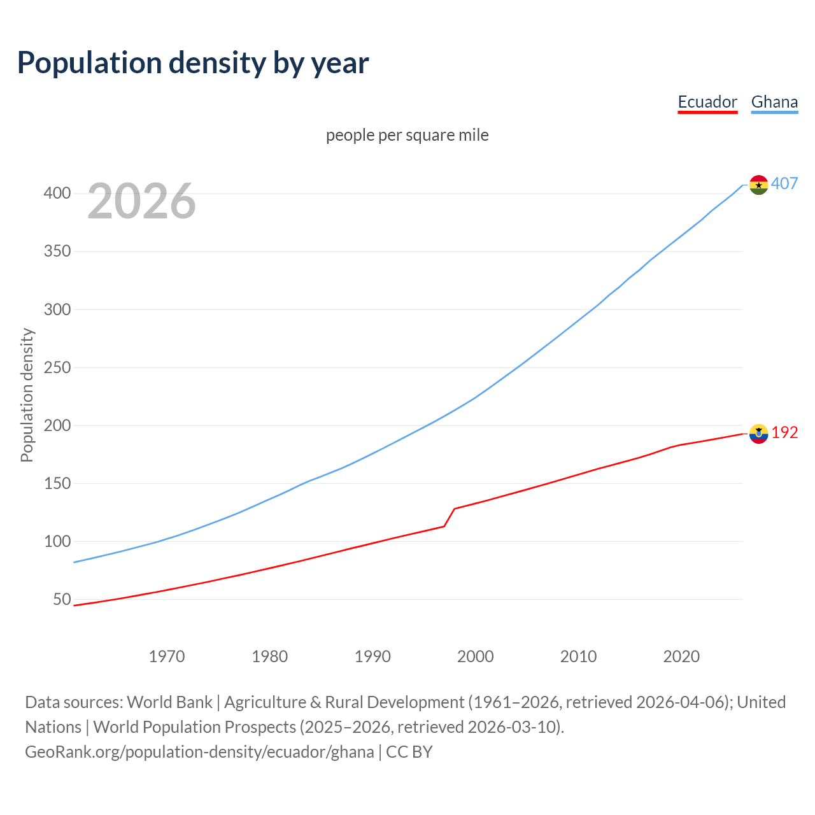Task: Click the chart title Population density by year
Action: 193,62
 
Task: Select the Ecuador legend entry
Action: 707,102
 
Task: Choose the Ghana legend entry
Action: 774,102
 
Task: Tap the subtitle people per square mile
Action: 407,135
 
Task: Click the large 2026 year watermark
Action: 141,201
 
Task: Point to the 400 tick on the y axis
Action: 57,193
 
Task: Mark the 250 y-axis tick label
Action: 57,367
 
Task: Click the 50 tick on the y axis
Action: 62,599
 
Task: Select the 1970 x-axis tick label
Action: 167,656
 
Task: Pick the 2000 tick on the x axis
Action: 476,656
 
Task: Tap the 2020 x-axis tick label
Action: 681,656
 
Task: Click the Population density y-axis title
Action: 27,395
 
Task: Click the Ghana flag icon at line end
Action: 758,185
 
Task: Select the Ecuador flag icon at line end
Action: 758,434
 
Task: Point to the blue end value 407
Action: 784,183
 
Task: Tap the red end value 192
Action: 784,432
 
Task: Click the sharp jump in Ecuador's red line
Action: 450,517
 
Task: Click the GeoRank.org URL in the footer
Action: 199,751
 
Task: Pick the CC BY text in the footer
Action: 409,751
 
